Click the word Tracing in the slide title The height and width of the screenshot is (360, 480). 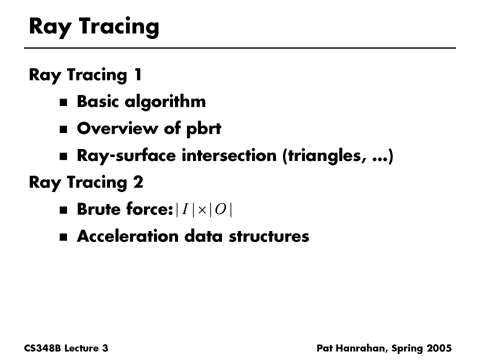(119, 27)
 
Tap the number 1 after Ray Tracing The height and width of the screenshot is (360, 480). (138, 74)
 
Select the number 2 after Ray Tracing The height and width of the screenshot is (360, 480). (138, 182)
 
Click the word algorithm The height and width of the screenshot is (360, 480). (165, 102)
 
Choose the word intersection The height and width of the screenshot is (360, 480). (229, 155)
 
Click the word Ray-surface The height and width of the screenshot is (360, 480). (126, 156)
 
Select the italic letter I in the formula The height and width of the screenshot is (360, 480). (185, 209)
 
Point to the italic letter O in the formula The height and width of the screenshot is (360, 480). (220, 209)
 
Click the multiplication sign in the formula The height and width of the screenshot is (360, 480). (202, 210)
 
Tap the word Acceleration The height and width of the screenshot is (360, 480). (127, 236)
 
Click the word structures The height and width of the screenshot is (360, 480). (269, 236)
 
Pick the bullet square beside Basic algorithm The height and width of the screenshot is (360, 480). (63, 102)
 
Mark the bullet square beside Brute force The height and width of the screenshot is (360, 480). (63, 210)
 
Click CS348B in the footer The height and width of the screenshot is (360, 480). (42, 348)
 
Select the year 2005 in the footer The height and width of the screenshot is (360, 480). (439, 348)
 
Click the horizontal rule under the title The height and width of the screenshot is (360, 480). (240, 48)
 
